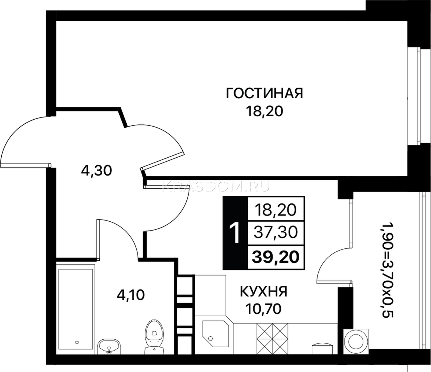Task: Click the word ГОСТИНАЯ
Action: [264, 93]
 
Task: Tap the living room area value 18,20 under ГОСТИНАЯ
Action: [264, 111]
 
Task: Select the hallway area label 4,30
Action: [96, 171]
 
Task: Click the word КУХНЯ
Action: [264, 291]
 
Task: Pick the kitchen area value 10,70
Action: [264, 309]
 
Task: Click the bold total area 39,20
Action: [276, 257]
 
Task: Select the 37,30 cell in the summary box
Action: [276, 232]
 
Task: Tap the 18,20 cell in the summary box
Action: [276, 210]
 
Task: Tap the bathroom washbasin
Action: [109, 346]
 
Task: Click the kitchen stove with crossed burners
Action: [272, 339]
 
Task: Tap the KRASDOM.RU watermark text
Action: [216, 186]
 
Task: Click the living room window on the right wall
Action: [414, 96]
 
